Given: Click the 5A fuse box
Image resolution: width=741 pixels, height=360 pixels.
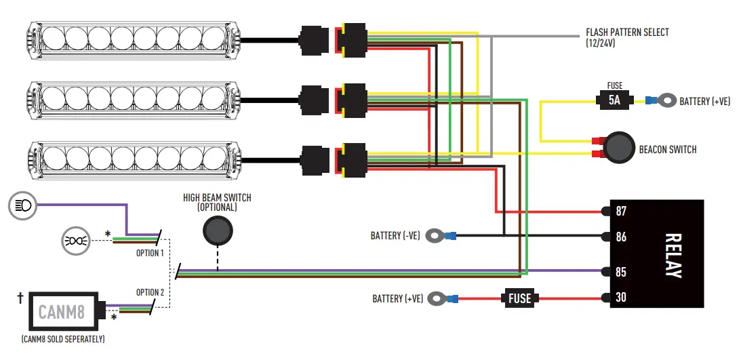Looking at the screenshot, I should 614,101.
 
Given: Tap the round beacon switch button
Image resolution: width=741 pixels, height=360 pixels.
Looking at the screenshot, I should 618,147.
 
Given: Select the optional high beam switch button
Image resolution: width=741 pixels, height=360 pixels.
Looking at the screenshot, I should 217,231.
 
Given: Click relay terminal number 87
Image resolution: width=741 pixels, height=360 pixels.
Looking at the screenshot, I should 621,212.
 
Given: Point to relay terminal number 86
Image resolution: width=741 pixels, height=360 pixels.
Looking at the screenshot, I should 621,237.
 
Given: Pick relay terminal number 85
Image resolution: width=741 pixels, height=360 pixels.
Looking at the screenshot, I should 621,272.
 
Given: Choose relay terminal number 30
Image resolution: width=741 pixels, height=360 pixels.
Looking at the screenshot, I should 621,298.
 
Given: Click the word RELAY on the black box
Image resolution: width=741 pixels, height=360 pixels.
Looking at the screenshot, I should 673,256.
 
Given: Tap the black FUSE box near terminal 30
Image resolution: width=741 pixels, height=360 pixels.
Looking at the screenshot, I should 519,298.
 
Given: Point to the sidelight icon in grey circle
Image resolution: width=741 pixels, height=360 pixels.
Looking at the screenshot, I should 75,240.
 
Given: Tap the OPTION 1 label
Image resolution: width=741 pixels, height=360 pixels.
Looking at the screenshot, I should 150,253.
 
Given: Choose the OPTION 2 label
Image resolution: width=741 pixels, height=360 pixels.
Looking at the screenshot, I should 150,292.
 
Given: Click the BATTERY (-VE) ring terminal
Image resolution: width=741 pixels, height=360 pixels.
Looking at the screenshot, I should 437,236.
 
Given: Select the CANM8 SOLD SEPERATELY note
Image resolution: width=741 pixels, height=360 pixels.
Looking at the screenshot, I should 62,338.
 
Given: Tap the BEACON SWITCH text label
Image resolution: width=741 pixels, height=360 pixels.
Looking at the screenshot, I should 667,149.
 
